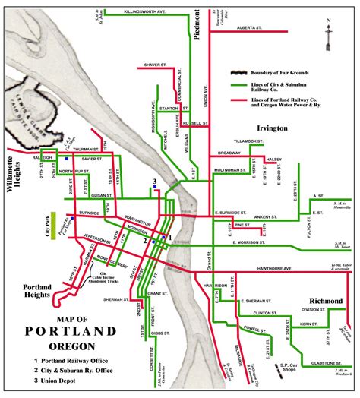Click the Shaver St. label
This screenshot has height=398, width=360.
pyautogui.click(x=155, y=65)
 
